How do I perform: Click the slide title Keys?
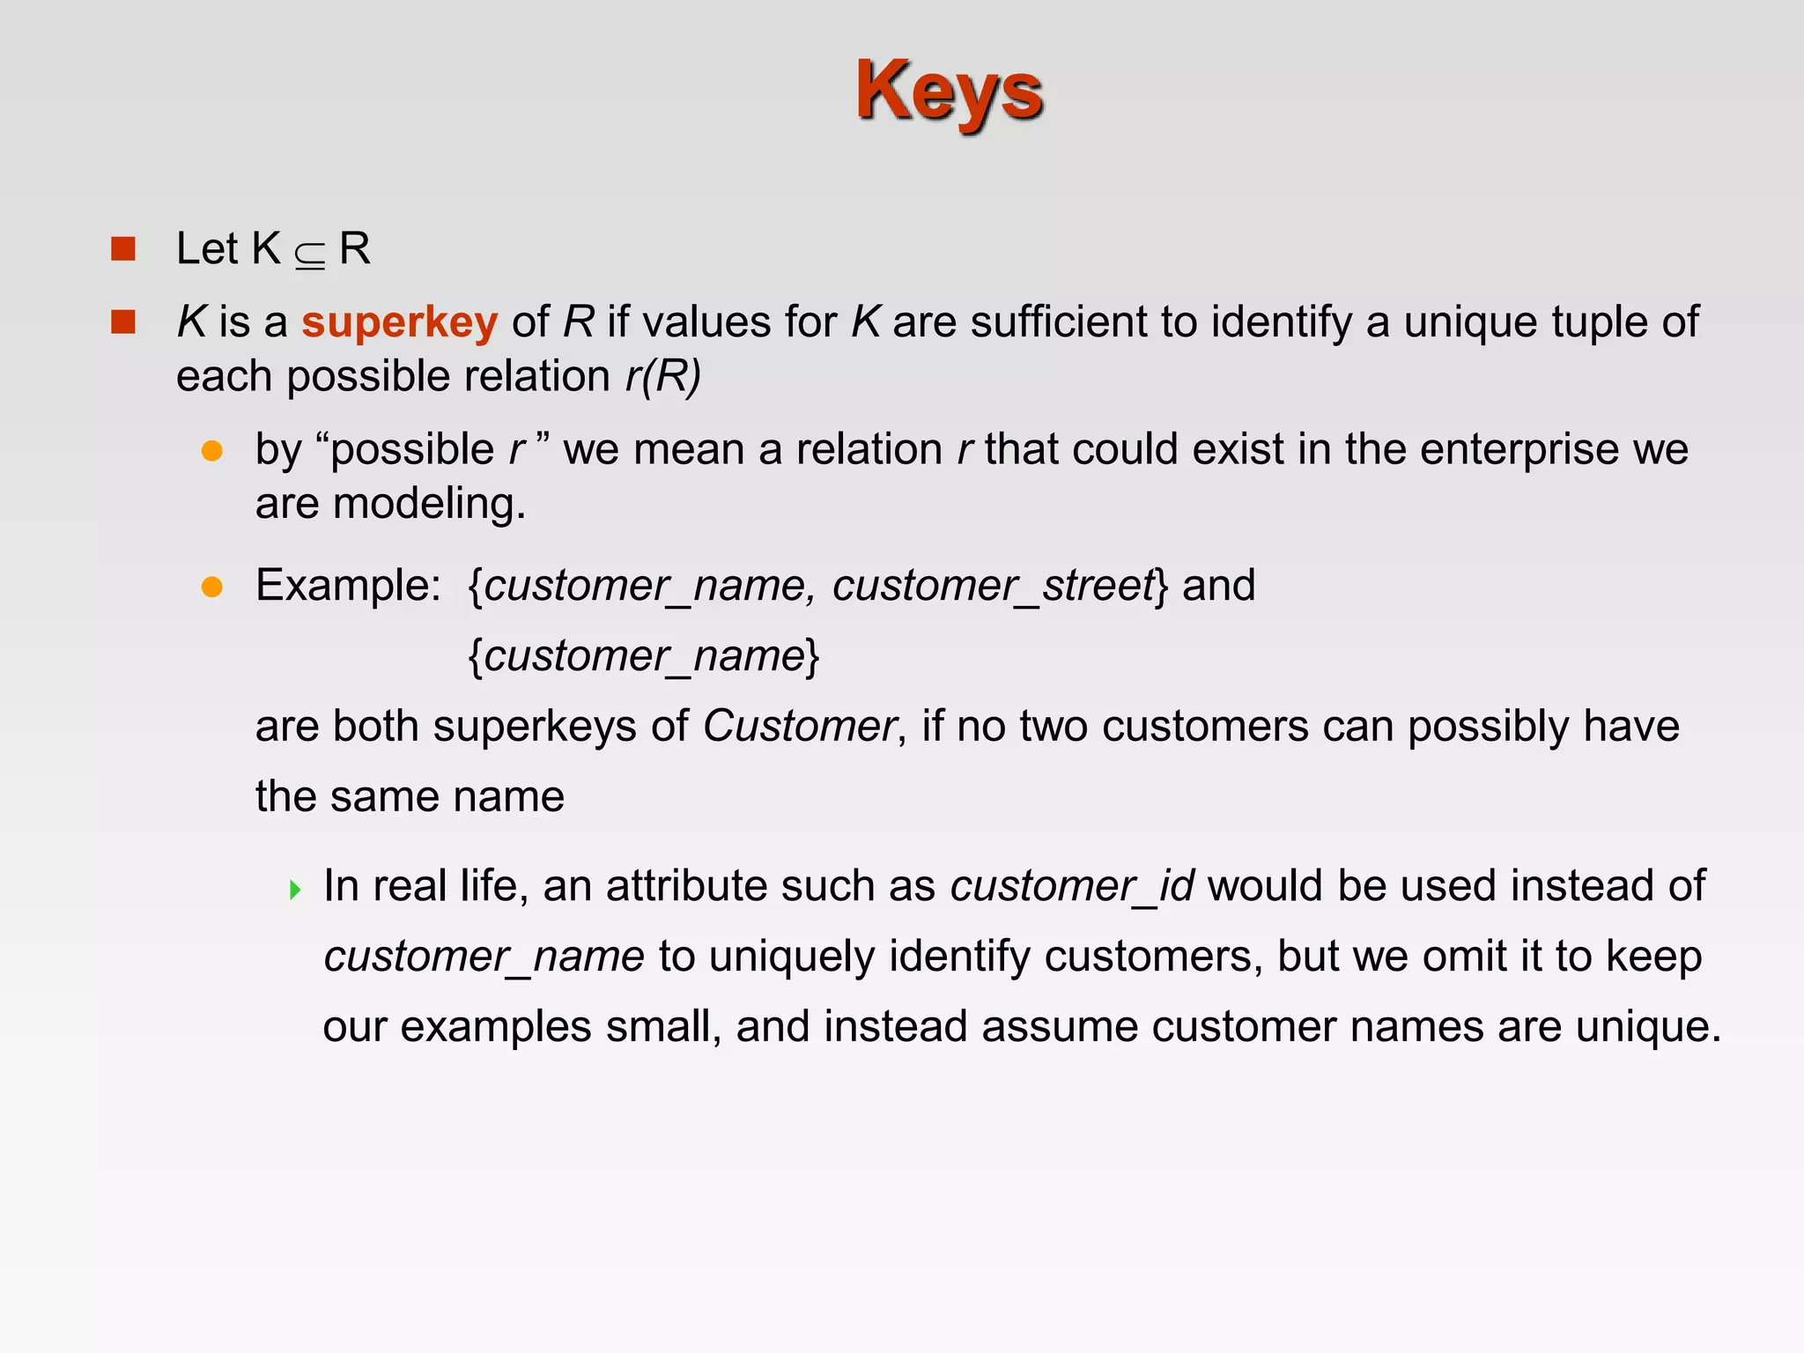[949, 91]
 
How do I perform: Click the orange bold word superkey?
[399, 322]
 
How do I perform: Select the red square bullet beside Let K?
[123, 249]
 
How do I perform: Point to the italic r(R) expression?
[662, 376]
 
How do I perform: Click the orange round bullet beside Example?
[212, 587]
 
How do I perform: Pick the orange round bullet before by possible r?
[212, 451]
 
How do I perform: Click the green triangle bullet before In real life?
[295, 889]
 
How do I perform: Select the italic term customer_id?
[1072, 885]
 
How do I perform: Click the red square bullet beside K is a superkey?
[123, 322]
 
